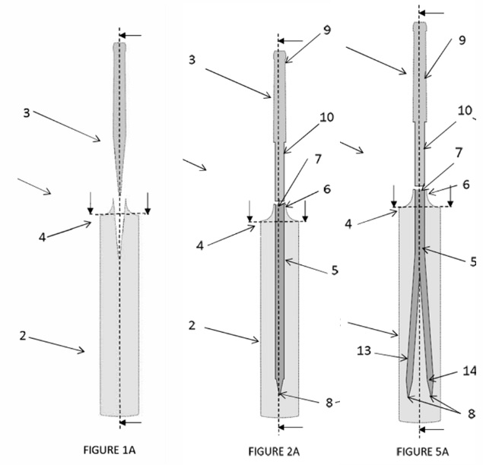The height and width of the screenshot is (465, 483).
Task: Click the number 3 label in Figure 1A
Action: click(26, 112)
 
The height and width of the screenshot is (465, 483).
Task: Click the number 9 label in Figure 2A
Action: click(305, 30)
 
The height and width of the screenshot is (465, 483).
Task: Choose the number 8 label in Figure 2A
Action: click(329, 403)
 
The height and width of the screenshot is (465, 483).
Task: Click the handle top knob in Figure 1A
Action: click(119, 47)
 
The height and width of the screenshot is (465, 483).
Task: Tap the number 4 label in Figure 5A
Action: click(348, 223)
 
